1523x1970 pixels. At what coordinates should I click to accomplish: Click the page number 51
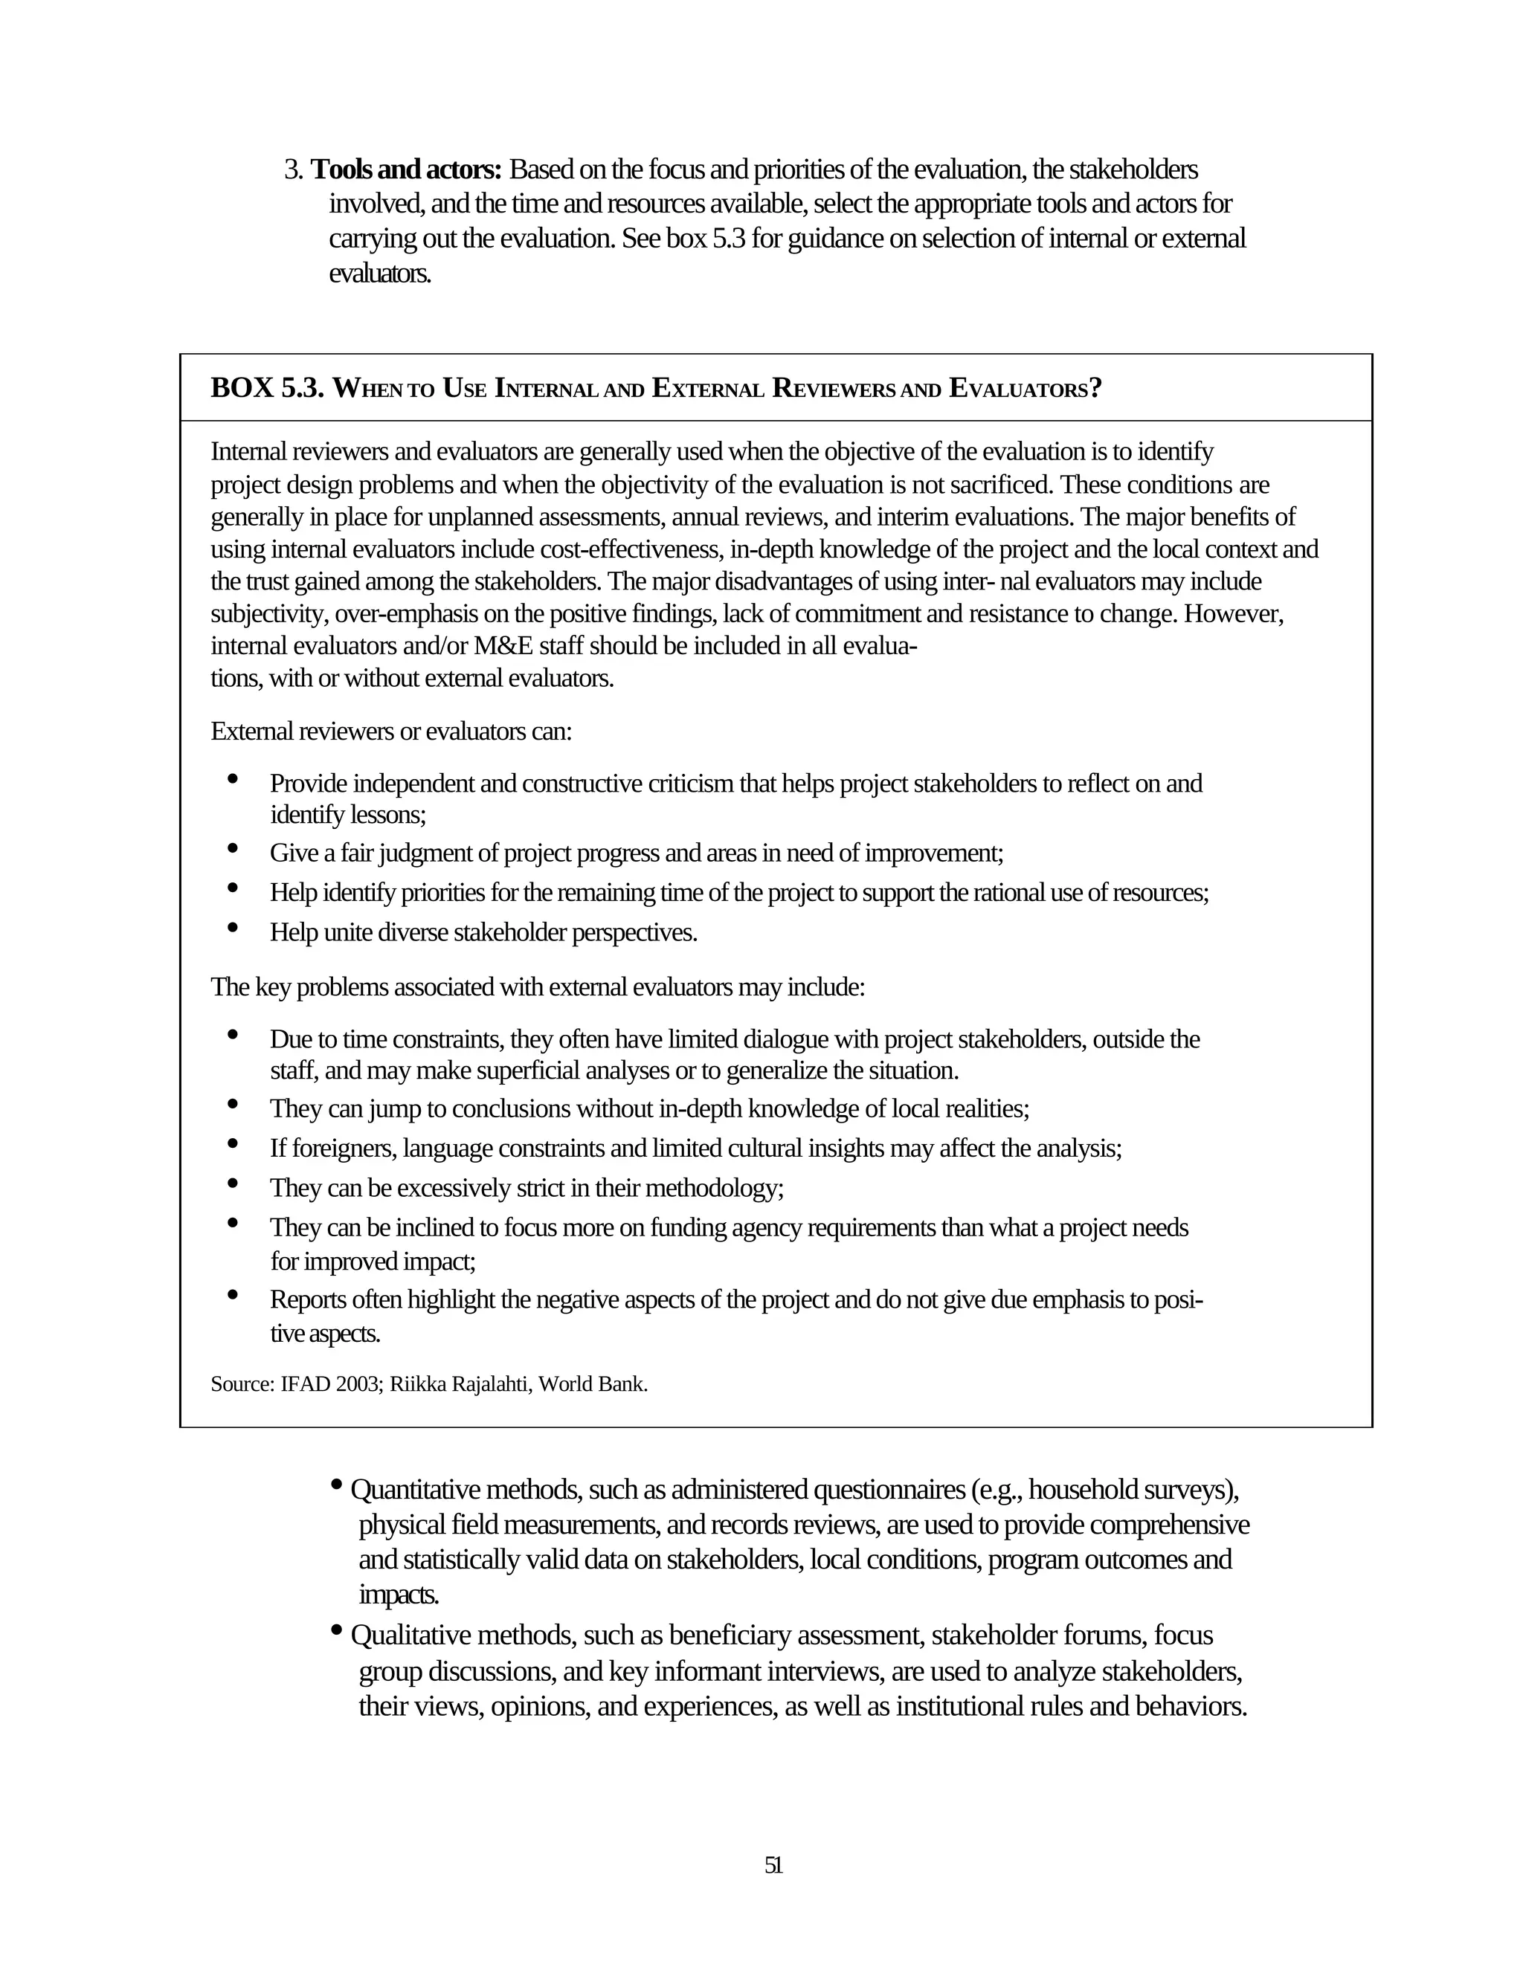(x=773, y=1865)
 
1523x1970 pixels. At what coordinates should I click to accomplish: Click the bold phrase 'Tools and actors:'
(x=405, y=169)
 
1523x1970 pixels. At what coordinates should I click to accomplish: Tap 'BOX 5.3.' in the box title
(x=267, y=389)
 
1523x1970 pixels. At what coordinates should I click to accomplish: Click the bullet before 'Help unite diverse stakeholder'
(x=233, y=926)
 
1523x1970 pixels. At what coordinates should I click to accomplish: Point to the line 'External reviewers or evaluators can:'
(x=390, y=731)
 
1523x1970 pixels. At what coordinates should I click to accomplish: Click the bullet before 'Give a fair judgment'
(x=233, y=848)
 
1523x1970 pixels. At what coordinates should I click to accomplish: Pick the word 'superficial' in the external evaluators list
(x=528, y=1070)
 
